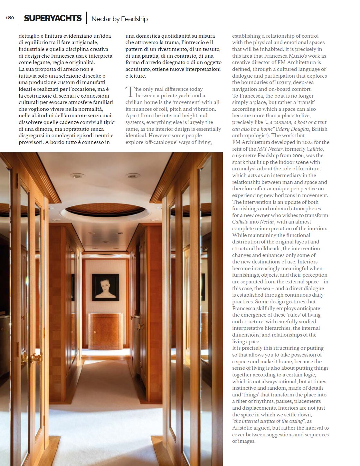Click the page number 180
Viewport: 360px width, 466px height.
(10, 18)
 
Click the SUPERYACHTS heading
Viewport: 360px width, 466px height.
(53, 18)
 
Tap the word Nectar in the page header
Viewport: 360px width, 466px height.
(101, 19)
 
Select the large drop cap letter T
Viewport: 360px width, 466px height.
(130, 92)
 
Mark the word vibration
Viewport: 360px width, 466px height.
(204, 109)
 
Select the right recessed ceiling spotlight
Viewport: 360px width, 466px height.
(132, 176)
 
